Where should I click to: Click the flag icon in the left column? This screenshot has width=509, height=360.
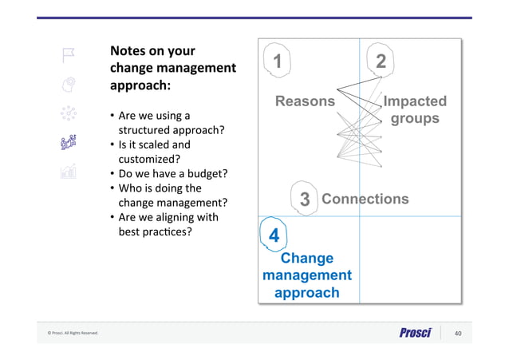pos(69,54)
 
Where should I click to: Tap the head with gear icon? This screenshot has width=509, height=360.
pos(69,83)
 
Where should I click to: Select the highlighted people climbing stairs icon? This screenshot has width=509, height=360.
pos(69,142)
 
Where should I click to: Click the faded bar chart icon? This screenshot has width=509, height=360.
pos(69,171)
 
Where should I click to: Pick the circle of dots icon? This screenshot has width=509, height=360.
pos(69,113)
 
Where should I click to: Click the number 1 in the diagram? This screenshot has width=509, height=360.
pos(277,61)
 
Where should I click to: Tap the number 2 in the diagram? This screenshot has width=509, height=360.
pos(381,61)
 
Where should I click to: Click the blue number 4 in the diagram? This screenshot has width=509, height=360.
pos(274,236)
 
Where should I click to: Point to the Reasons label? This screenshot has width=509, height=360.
pos(305,101)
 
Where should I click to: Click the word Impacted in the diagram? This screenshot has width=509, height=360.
pos(415,101)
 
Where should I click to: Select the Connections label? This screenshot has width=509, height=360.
pos(365,199)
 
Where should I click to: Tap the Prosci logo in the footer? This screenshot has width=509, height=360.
pos(416,333)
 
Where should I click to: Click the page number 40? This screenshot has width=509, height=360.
pos(458,333)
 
